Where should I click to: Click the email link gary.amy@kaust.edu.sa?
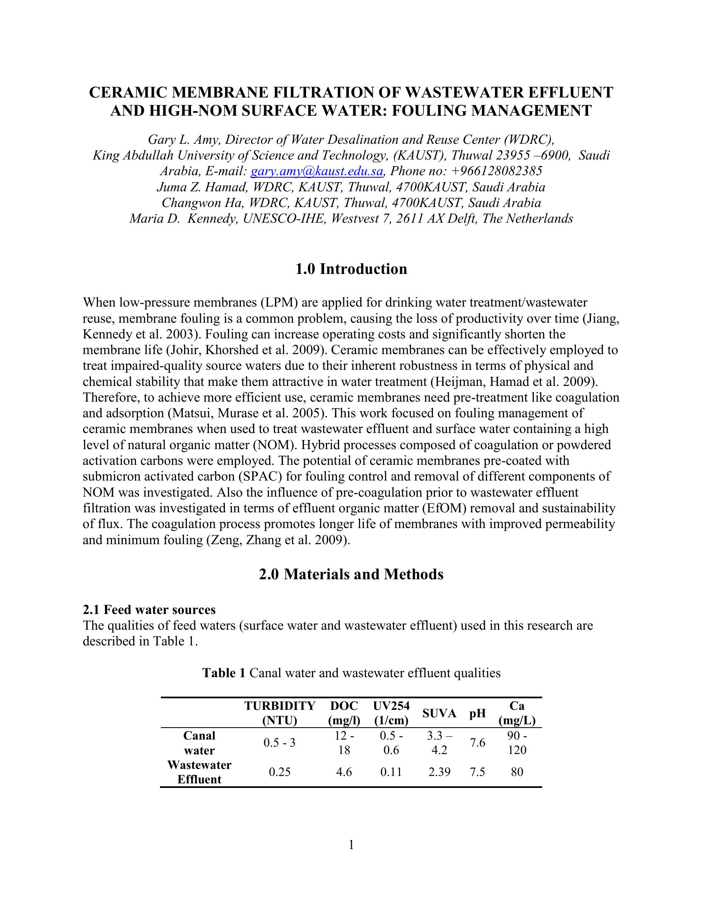click(x=317, y=171)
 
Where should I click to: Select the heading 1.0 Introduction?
click(x=351, y=269)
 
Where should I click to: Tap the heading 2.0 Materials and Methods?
click(x=351, y=574)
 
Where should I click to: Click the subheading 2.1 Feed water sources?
click(x=149, y=610)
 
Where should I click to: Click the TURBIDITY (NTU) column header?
click(x=280, y=713)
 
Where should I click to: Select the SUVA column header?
click(x=439, y=714)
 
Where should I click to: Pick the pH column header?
click(x=478, y=714)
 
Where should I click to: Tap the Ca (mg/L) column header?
click(x=517, y=713)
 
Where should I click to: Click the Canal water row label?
click(x=199, y=743)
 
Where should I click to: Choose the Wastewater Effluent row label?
click(x=199, y=773)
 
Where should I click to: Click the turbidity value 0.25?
click(x=280, y=773)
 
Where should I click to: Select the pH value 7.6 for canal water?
click(x=477, y=743)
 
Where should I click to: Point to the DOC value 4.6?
click(x=344, y=773)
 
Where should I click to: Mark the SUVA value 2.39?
click(x=439, y=773)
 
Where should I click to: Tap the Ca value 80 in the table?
click(x=517, y=773)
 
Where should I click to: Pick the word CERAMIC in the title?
click(x=127, y=93)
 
